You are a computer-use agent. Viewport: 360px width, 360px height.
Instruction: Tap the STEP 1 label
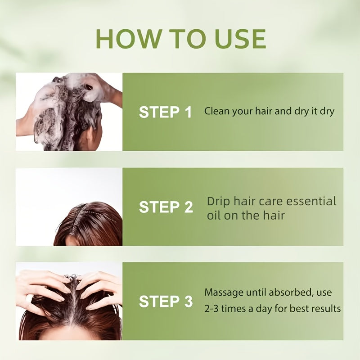[165, 112]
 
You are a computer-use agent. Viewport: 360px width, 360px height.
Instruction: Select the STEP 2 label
[166, 207]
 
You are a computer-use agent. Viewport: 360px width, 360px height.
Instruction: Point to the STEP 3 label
[166, 301]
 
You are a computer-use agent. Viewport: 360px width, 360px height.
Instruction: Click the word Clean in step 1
[217, 111]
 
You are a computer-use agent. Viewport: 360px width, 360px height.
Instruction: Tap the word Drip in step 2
[218, 202]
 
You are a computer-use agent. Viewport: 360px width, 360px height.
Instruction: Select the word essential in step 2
[311, 201]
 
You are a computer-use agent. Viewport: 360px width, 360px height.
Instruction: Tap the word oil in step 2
[214, 216]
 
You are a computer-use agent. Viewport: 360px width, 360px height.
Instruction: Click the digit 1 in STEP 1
[189, 112]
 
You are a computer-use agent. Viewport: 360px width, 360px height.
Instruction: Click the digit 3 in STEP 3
[189, 301]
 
